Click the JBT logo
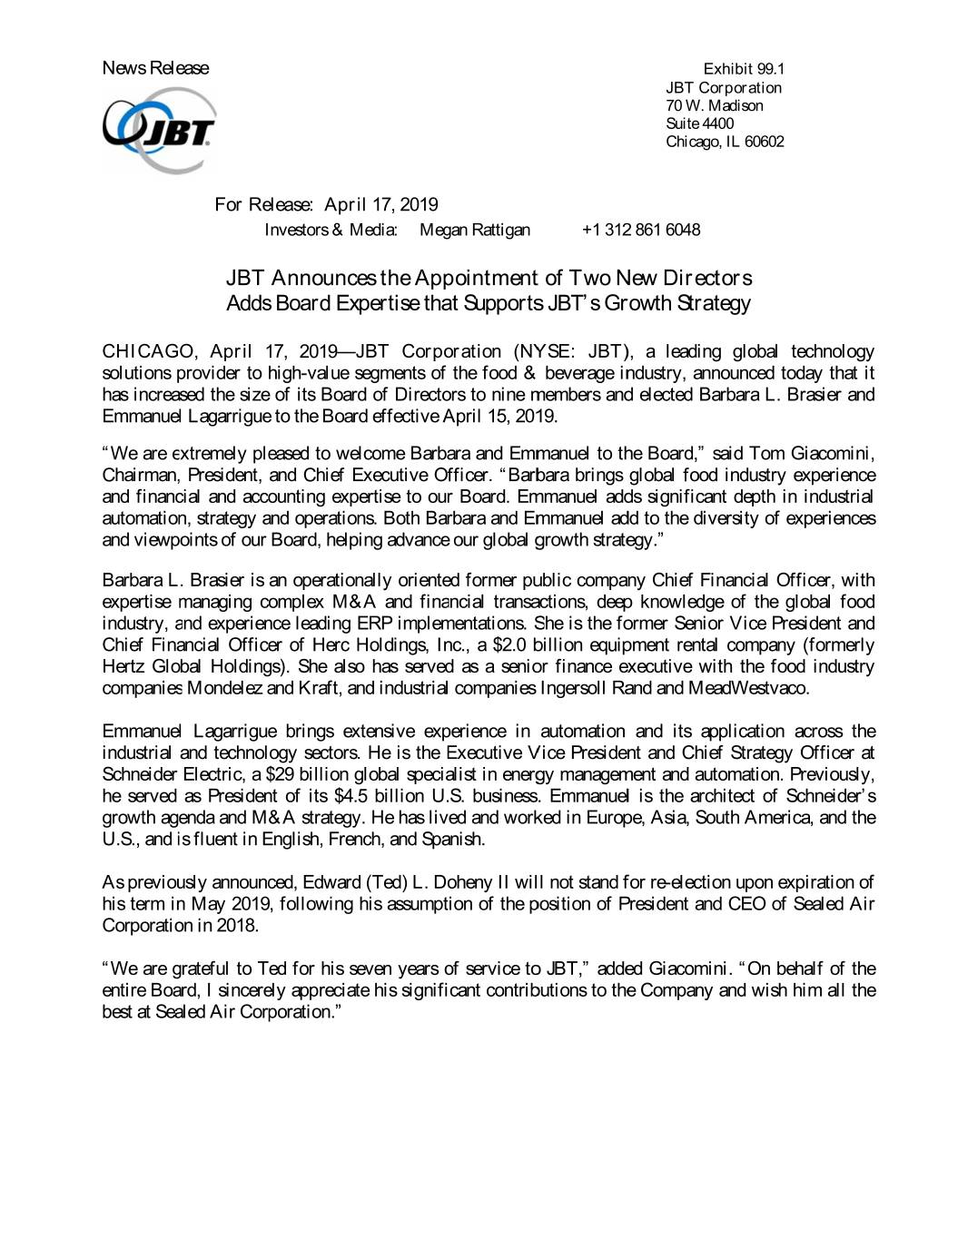pyautogui.click(x=159, y=130)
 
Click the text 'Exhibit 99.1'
pyautogui.click(x=744, y=69)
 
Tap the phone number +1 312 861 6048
pyautogui.click(x=641, y=230)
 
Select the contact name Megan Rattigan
pyautogui.click(x=475, y=230)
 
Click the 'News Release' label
pyautogui.click(x=155, y=68)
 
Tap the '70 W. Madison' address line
pyautogui.click(x=714, y=105)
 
